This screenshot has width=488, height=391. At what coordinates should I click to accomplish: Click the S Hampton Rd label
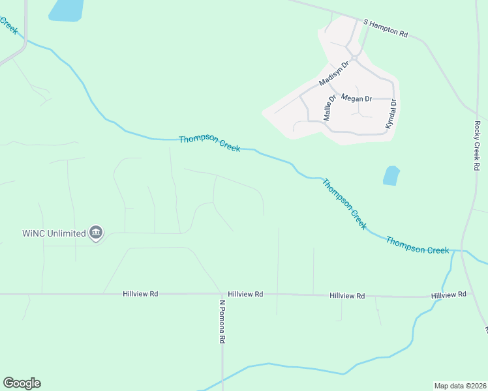(386, 28)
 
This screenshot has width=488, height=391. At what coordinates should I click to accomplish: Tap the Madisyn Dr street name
(335, 74)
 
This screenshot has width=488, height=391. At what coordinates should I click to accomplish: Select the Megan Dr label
(356, 98)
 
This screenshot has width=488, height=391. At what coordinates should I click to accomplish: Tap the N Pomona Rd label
(222, 321)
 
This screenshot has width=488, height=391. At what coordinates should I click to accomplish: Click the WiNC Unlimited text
(53, 233)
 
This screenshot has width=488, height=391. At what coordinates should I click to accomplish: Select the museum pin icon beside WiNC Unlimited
(96, 233)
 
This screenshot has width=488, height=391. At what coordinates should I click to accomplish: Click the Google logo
(22, 383)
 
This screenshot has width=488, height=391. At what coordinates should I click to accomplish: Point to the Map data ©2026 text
(459, 385)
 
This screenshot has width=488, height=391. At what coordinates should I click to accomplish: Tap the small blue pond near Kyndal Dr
(391, 175)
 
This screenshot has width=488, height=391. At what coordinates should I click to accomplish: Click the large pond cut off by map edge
(66, 10)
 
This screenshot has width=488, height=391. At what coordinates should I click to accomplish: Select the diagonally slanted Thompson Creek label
(344, 203)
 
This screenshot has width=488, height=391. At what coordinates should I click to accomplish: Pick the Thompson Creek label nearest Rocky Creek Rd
(417, 246)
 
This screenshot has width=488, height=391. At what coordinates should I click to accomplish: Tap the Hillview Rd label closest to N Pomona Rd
(245, 295)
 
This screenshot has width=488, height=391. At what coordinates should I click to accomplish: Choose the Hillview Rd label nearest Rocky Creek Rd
(449, 295)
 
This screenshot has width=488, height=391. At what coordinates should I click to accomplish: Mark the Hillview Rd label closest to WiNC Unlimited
(140, 294)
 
